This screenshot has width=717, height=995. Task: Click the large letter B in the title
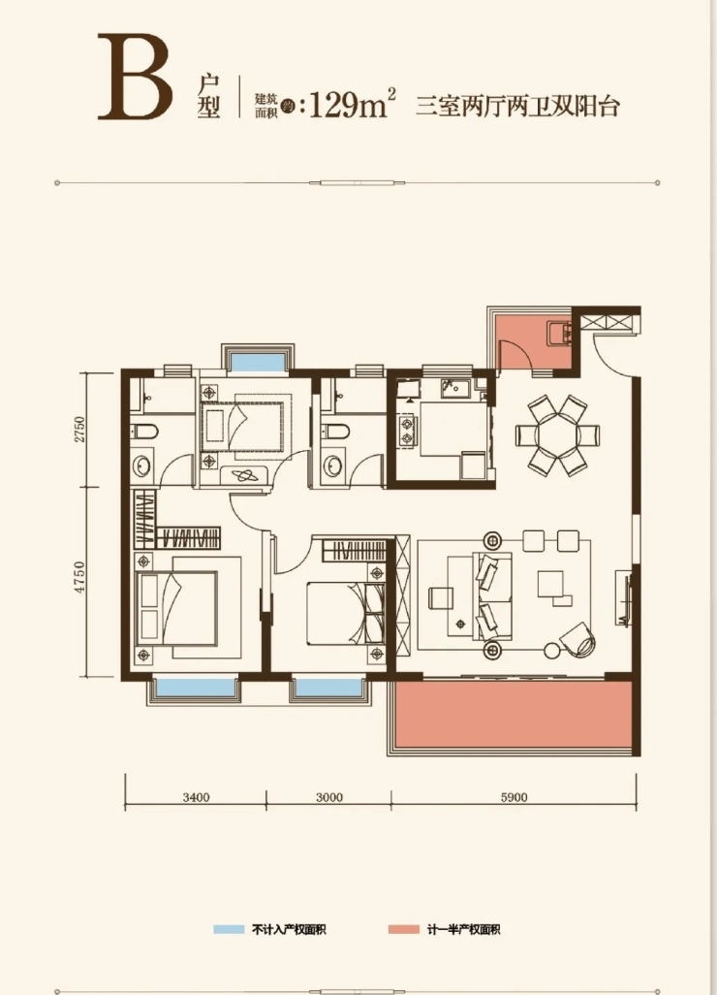click(x=135, y=78)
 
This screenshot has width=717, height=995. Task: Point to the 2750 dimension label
click(x=79, y=430)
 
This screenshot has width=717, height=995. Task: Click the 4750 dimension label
click(x=79, y=577)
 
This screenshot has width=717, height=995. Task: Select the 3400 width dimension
click(x=196, y=797)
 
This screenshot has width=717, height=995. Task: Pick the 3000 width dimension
click(x=329, y=797)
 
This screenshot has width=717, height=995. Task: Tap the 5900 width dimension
click(x=514, y=797)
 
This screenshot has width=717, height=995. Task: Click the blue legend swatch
click(x=229, y=930)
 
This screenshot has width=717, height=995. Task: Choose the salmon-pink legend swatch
click(x=404, y=930)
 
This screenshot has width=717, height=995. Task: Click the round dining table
click(x=558, y=436)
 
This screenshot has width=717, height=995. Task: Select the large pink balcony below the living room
click(x=513, y=715)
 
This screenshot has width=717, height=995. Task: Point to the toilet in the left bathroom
click(x=144, y=433)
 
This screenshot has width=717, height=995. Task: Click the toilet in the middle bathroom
click(x=334, y=433)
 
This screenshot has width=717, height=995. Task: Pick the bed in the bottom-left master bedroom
click(x=178, y=607)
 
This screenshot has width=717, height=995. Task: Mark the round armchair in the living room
click(x=577, y=640)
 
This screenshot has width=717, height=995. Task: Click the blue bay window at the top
click(x=258, y=362)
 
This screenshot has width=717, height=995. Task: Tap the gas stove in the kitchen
click(x=406, y=430)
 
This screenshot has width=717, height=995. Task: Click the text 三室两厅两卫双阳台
click(x=517, y=106)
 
